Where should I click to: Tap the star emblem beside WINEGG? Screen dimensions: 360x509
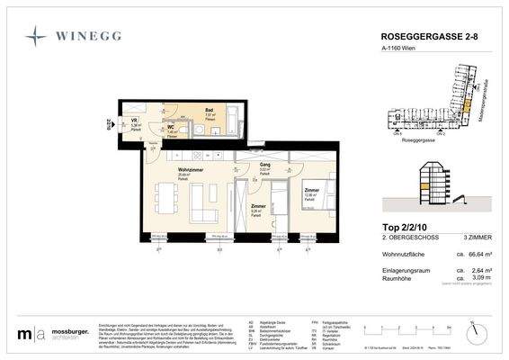click(37, 36)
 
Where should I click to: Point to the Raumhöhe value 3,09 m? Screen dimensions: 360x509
click(472, 280)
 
